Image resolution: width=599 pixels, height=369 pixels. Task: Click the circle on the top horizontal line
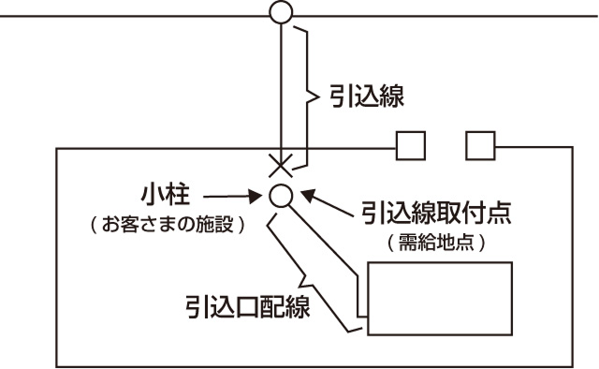click(x=280, y=12)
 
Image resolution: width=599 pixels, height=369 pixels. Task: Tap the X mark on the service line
click(x=280, y=165)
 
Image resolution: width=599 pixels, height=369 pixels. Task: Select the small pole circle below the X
click(x=280, y=195)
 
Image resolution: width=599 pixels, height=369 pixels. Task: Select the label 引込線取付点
click(x=427, y=214)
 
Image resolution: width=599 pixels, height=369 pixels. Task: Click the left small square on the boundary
click(x=411, y=146)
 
